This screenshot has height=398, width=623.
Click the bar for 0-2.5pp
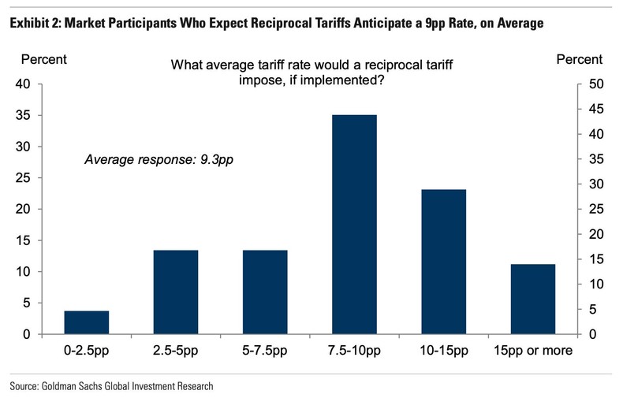point(86,322)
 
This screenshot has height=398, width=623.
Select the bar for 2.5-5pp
point(176,292)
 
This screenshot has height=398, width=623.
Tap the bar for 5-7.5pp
point(265,292)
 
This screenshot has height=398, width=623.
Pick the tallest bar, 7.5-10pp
point(354,225)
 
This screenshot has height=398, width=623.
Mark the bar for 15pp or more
point(532,299)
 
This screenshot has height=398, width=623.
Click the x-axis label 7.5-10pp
point(354,351)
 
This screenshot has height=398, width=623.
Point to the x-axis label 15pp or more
point(532,351)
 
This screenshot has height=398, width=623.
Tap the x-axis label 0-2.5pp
point(86,351)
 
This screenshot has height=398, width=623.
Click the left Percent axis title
point(43,59)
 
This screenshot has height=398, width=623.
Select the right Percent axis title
point(579,59)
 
